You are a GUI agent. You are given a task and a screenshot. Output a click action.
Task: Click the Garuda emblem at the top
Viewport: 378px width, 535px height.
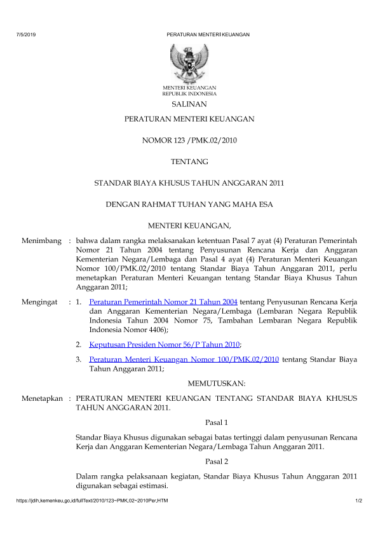pyautogui.click(x=189, y=62)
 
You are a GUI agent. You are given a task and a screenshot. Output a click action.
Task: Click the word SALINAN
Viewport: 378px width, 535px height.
pyautogui.click(x=189, y=104)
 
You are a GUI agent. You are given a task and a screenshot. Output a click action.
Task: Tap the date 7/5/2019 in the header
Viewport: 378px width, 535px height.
pyautogui.click(x=25, y=34)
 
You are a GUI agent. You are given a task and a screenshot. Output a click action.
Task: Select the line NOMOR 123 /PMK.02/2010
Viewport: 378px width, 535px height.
pyautogui.click(x=189, y=141)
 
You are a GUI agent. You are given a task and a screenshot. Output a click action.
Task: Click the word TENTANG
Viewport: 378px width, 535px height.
pyautogui.click(x=189, y=162)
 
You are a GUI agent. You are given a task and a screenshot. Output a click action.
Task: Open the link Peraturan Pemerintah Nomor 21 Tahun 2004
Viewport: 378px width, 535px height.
pyautogui.click(x=164, y=302)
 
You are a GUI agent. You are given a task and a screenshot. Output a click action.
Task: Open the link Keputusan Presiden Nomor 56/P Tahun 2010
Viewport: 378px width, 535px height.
pyautogui.click(x=165, y=344)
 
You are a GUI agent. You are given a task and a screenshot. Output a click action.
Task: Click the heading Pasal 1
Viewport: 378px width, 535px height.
pyautogui.click(x=217, y=422)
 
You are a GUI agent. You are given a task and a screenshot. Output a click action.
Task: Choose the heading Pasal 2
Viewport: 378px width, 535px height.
pyautogui.click(x=217, y=461)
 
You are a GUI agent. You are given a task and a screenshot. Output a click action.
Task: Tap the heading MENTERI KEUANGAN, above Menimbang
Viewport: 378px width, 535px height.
pyautogui.click(x=189, y=225)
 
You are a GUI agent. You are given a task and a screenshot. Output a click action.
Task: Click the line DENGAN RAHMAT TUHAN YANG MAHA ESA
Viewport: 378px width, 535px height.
pyautogui.click(x=189, y=204)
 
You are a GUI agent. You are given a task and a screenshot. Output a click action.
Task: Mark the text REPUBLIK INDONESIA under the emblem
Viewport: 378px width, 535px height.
pyautogui.click(x=189, y=93)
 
